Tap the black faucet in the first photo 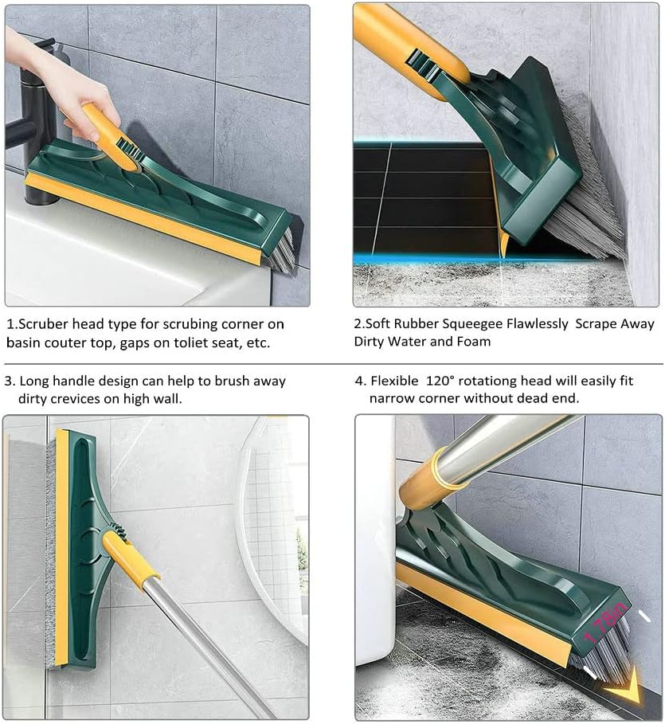click(x=32, y=119)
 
